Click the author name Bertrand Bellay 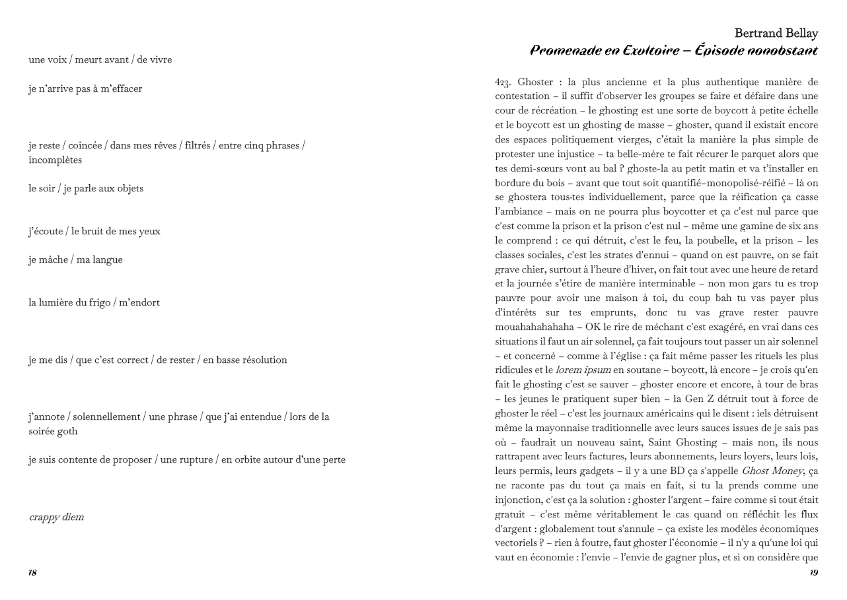click(x=776, y=34)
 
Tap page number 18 click(x=32, y=572)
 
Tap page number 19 click(x=813, y=572)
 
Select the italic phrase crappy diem click(x=56, y=517)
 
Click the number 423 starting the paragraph click(x=503, y=83)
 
